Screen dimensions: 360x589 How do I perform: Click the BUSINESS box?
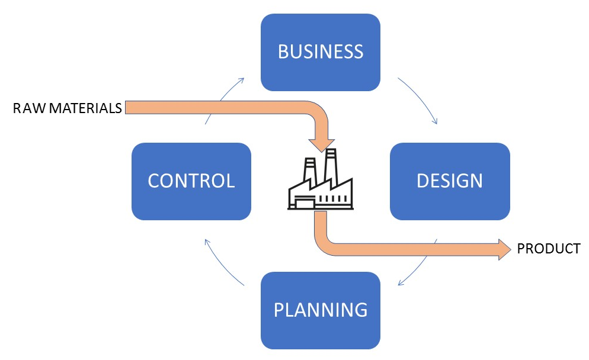(x=320, y=52)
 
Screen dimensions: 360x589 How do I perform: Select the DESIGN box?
(x=449, y=181)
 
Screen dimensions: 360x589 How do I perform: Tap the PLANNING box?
(x=320, y=310)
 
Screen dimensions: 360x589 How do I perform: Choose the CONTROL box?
(x=191, y=181)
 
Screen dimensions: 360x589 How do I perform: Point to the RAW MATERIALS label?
(x=68, y=108)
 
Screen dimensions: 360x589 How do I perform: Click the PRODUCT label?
(x=549, y=249)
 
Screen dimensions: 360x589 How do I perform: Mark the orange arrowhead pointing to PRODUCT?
(x=503, y=249)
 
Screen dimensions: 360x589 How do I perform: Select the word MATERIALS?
(x=85, y=108)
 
